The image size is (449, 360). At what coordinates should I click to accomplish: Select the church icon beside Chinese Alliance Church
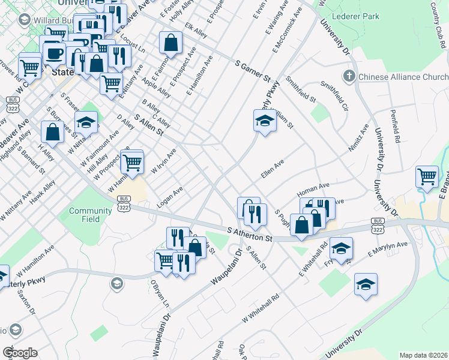coord(349,77)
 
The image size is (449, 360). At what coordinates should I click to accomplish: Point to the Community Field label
coord(90,215)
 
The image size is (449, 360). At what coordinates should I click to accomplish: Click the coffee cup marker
coord(54,53)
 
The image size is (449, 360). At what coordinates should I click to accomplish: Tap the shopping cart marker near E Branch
coord(427,176)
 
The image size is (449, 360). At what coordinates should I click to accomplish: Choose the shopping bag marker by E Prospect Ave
coord(171,42)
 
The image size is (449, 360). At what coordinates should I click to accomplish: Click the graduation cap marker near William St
coord(264,121)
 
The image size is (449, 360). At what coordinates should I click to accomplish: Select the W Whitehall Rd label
coord(261,307)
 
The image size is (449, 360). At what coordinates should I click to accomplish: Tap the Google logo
coord(19,353)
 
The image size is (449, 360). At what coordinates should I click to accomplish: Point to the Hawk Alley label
coord(45,190)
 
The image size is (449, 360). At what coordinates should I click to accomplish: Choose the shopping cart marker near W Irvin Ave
coord(132,161)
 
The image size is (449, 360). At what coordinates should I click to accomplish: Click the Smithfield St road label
coord(301,88)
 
